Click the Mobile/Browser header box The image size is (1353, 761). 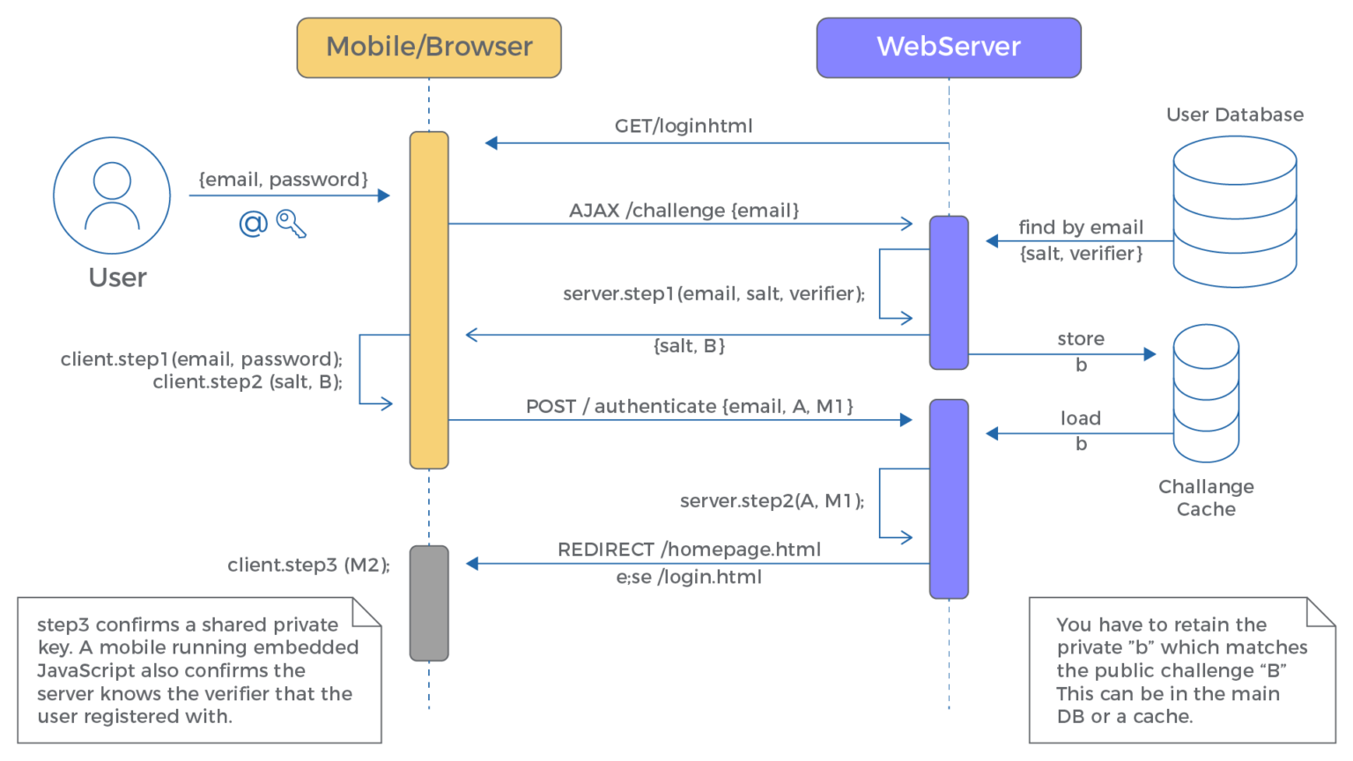click(429, 48)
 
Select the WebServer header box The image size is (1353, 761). click(949, 48)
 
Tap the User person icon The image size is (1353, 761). click(112, 195)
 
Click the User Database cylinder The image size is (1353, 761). click(1234, 211)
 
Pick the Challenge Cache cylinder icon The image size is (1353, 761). click(1206, 393)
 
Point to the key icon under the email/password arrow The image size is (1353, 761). click(291, 224)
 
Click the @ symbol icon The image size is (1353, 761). click(253, 224)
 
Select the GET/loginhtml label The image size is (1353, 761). click(684, 126)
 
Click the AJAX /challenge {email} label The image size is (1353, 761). click(684, 211)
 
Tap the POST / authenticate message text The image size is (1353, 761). click(690, 406)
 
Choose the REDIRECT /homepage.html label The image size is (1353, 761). click(689, 550)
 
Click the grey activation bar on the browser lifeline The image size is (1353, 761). click(429, 602)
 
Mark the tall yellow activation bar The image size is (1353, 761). click(429, 299)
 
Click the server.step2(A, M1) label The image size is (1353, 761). click(772, 501)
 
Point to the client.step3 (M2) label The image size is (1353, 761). click(308, 565)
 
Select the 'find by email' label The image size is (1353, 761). click(1081, 227)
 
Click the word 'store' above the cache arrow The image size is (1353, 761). click(1081, 339)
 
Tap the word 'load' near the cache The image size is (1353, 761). click(1081, 418)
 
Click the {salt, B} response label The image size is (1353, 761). click(689, 346)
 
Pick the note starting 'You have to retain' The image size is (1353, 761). click(1181, 670)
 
